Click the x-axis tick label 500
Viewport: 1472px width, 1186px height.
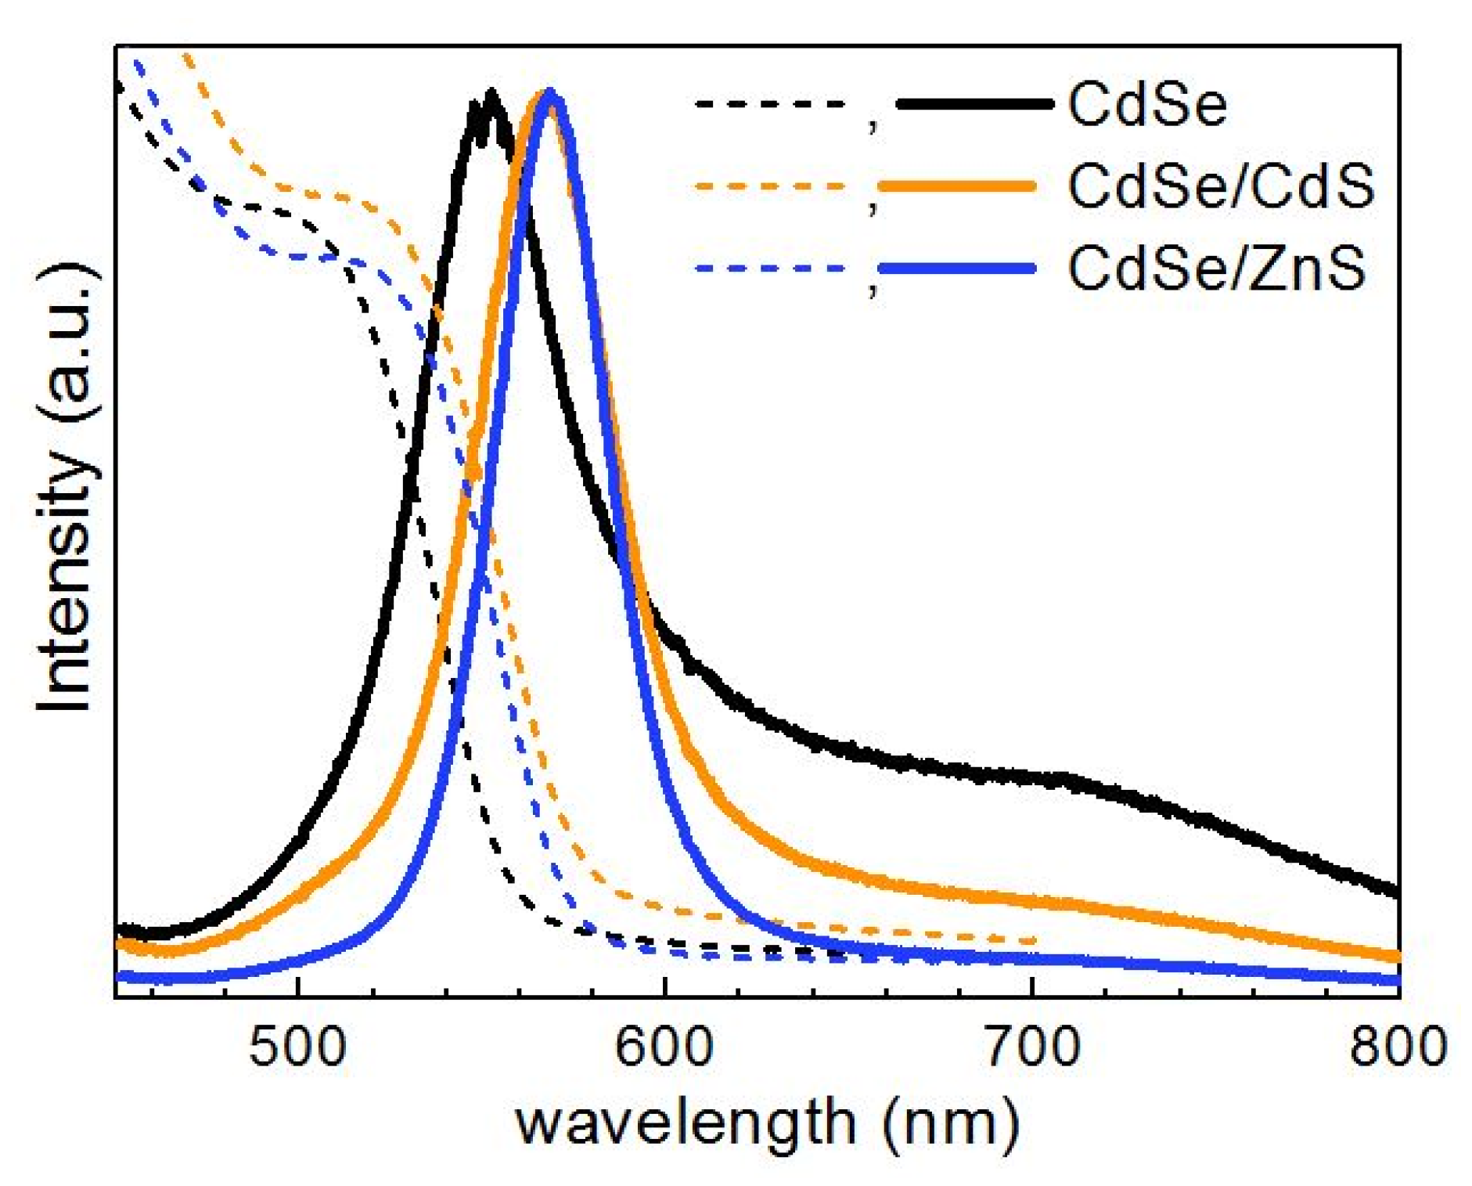297,1047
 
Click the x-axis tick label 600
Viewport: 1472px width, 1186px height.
664,1047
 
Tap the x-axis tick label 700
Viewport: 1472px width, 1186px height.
1032,1047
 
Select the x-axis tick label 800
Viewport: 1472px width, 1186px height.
1398,1047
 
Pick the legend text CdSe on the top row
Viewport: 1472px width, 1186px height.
1147,104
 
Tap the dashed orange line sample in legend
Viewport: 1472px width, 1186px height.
771,186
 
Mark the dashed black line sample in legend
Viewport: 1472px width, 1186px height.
771,103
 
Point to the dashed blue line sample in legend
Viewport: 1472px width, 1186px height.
771,269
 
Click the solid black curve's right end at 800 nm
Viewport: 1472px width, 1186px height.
1396,892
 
